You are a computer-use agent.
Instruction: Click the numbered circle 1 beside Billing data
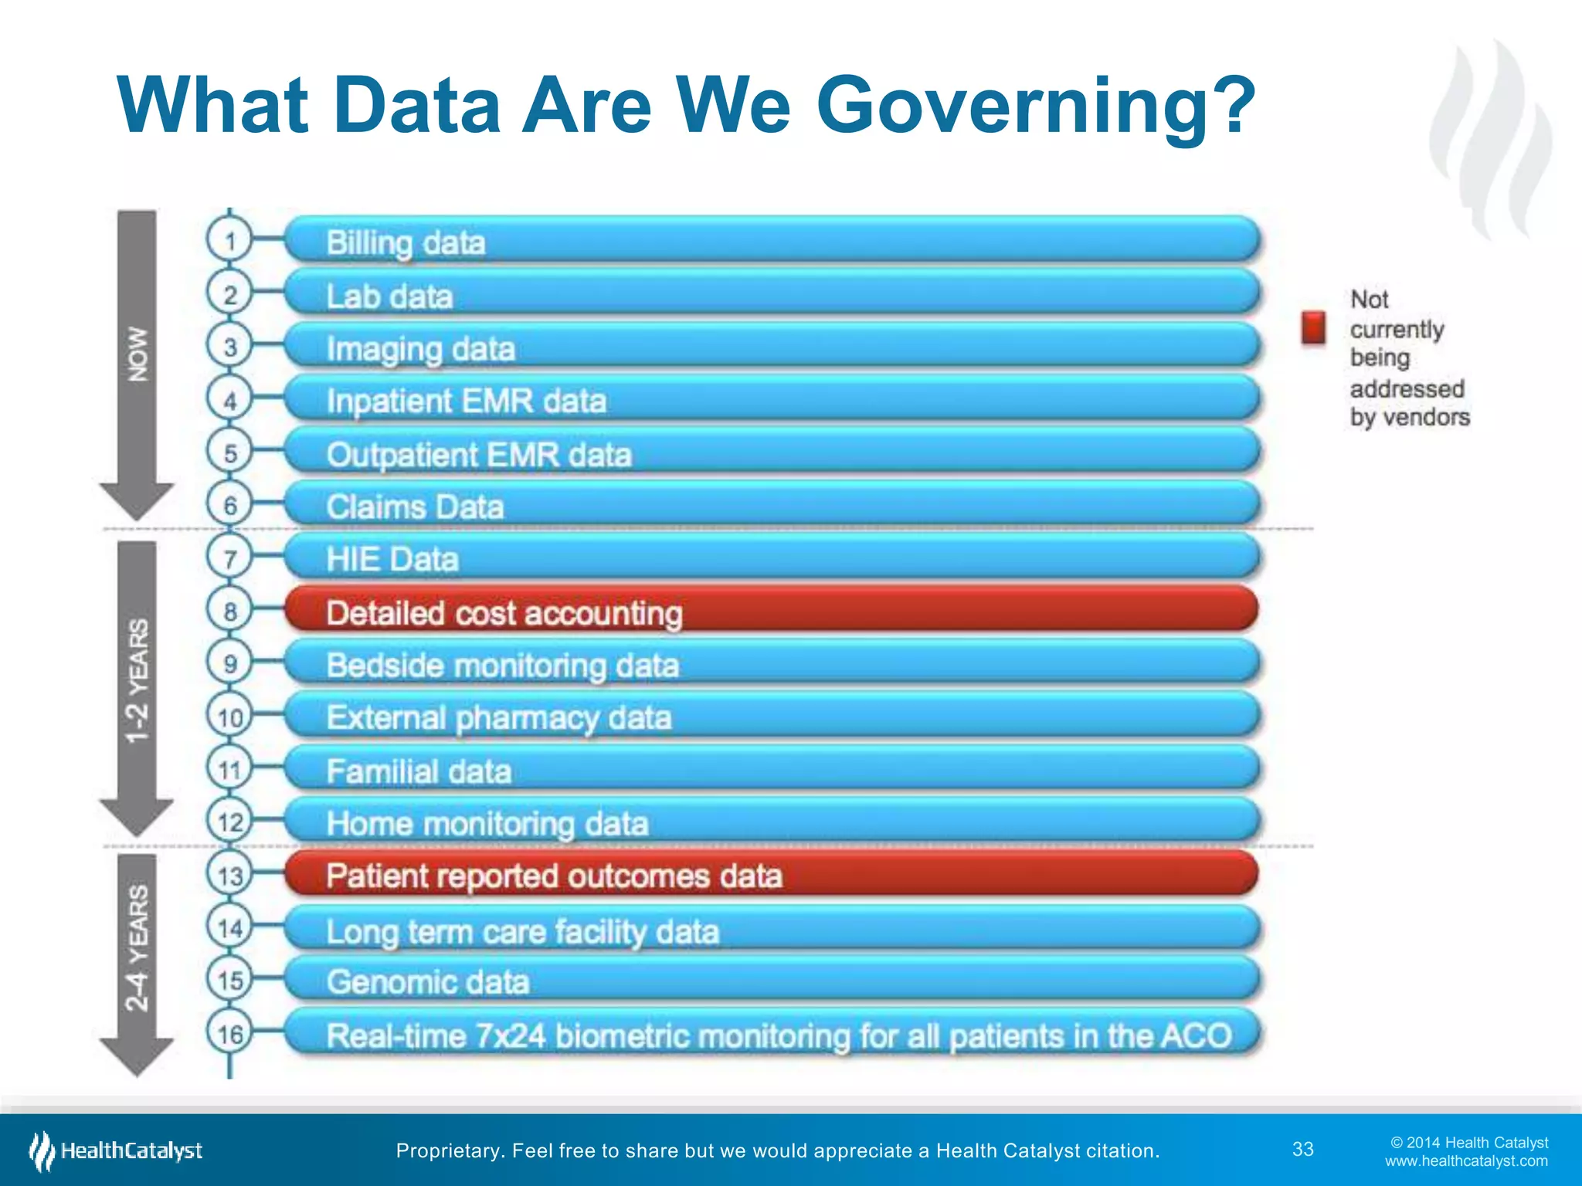tap(229, 241)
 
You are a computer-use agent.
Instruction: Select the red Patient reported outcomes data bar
tap(771, 875)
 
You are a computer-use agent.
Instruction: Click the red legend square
tap(1313, 327)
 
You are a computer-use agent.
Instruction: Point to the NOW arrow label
tap(137, 354)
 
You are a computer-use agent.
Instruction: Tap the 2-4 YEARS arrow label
tap(137, 948)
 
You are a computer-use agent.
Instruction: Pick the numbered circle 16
tap(229, 1033)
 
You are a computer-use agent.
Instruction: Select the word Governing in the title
tap(1035, 107)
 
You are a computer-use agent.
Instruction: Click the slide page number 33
tap(1303, 1149)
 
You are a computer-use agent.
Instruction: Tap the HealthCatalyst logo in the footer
tap(116, 1150)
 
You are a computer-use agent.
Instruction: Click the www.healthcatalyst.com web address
tap(1466, 1161)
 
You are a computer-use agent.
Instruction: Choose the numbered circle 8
tap(229, 612)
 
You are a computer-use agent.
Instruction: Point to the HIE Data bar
tap(771, 558)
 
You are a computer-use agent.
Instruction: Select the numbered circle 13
tap(229, 875)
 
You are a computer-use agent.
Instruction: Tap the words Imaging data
tap(420, 349)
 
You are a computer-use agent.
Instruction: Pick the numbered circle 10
tap(229, 717)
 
